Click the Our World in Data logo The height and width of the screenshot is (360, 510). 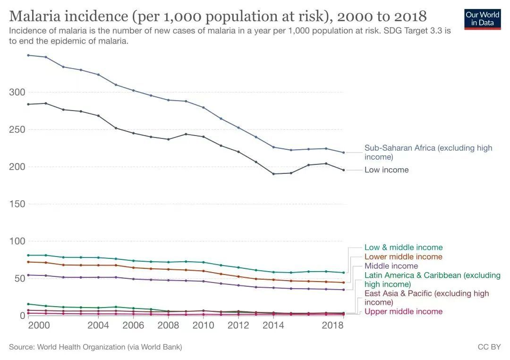(482, 18)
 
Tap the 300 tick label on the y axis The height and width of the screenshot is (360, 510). (17, 92)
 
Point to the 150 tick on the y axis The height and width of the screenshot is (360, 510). (17, 204)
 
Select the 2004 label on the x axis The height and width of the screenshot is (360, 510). (98, 326)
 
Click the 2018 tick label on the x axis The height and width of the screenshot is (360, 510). (333, 326)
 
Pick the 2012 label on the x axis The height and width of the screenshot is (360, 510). (238, 326)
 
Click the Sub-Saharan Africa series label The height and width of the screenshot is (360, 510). (428, 152)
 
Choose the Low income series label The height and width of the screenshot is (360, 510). (386, 170)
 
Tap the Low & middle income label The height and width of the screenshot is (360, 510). (403, 248)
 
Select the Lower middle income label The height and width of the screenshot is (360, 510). (403, 257)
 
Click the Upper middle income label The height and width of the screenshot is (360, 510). (403, 312)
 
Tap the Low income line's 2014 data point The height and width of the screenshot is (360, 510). (273, 174)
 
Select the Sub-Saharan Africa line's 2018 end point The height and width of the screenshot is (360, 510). (343, 153)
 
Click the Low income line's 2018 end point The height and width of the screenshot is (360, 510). (343, 170)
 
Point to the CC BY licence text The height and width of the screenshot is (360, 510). (489, 347)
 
